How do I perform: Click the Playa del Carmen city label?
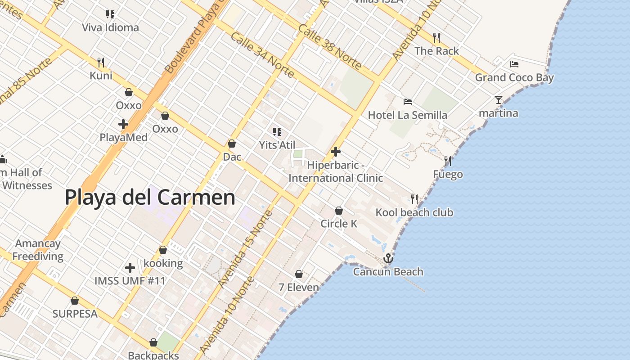[150, 198]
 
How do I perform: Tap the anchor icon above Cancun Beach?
[388, 258]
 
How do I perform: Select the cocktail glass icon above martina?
[498, 99]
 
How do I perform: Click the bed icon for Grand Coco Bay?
[514, 64]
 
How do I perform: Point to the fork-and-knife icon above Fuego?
[448, 161]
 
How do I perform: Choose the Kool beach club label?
[414, 212]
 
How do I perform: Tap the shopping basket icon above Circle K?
[339, 211]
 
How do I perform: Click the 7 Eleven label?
[299, 287]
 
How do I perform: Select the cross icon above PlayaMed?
[123, 124]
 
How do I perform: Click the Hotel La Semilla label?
[407, 115]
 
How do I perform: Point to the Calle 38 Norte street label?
[329, 47]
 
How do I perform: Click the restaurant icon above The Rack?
[436, 37]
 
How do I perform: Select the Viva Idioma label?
[110, 27]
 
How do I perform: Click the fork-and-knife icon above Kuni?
[101, 62]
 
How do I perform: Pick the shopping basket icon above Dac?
[232, 144]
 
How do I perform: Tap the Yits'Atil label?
[277, 145]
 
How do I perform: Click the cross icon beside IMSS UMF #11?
[130, 268]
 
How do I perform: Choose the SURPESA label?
[75, 314]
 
